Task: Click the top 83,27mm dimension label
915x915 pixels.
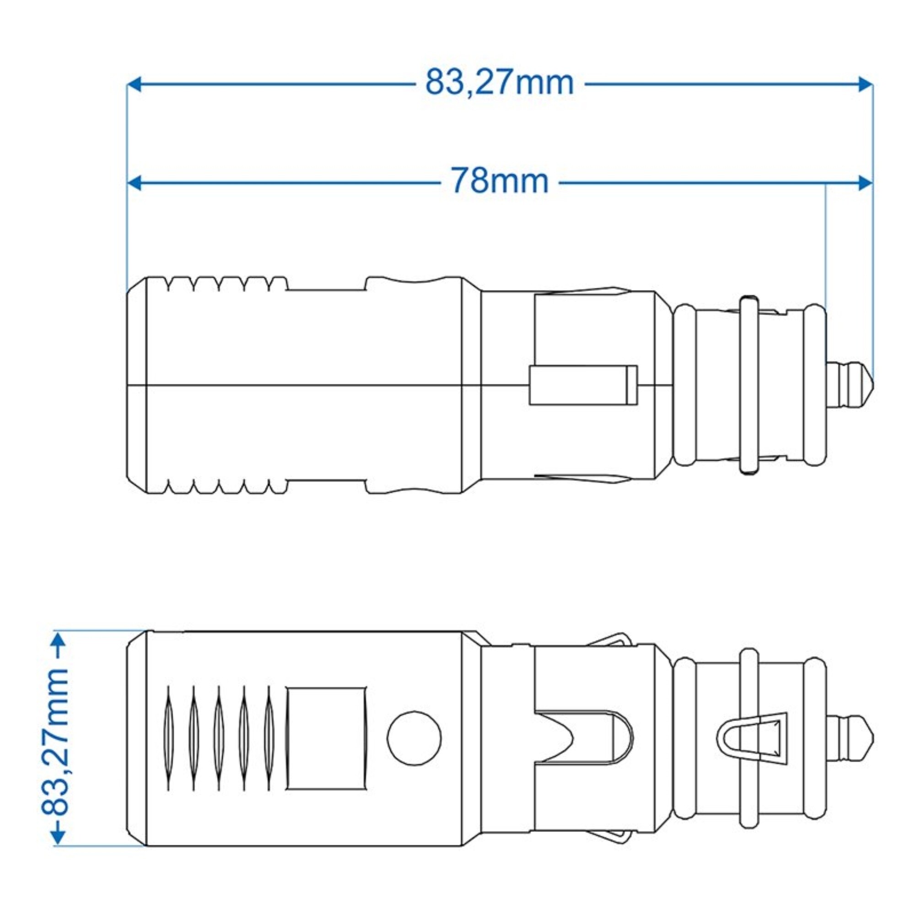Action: pyautogui.click(x=499, y=83)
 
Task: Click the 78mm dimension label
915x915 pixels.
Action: pyautogui.click(x=499, y=181)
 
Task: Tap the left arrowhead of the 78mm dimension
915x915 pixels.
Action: pyautogui.click(x=135, y=183)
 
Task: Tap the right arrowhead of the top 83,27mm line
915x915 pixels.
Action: pyautogui.click(x=865, y=85)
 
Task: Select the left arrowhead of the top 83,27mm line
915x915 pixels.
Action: pyautogui.click(x=135, y=85)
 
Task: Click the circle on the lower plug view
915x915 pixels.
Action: pyautogui.click(x=414, y=737)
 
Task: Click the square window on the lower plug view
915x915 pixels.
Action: pyautogui.click(x=326, y=738)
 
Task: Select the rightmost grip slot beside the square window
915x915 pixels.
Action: pyautogui.click(x=269, y=738)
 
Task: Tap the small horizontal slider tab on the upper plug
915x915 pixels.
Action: pyautogui.click(x=583, y=385)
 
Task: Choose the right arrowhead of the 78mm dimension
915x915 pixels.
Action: pyautogui.click(x=865, y=183)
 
